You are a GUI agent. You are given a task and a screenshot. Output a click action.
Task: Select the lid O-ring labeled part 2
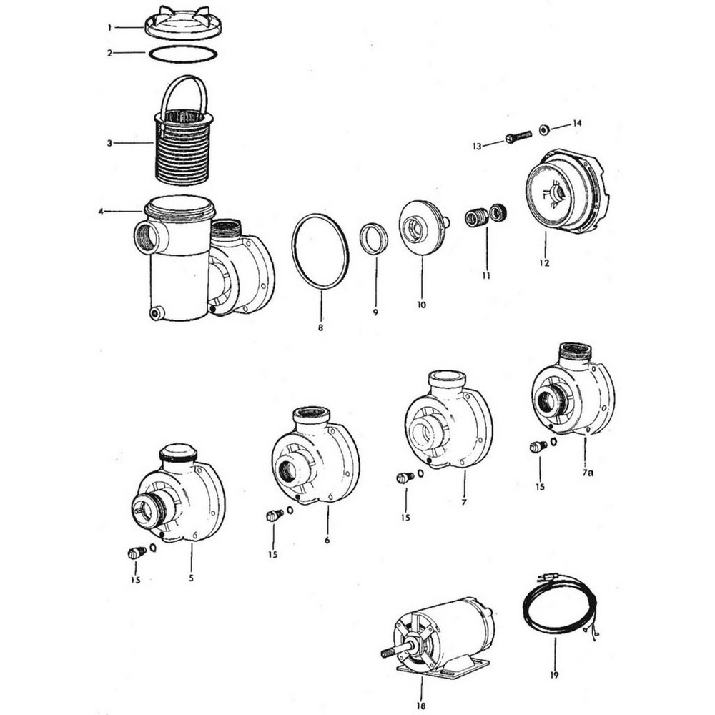click(x=182, y=54)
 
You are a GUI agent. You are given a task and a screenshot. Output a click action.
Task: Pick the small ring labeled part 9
click(x=373, y=239)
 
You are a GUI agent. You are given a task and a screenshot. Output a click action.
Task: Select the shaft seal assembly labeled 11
click(x=485, y=215)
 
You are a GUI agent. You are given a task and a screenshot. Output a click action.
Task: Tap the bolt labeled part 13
click(x=518, y=137)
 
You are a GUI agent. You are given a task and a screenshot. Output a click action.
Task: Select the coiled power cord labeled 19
click(x=558, y=608)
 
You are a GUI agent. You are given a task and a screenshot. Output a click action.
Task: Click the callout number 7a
click(x=586, y=473)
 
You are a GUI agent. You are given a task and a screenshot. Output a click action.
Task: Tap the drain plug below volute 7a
click(x=537, y=448)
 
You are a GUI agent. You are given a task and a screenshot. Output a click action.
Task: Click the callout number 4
click(x=102, y=211)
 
